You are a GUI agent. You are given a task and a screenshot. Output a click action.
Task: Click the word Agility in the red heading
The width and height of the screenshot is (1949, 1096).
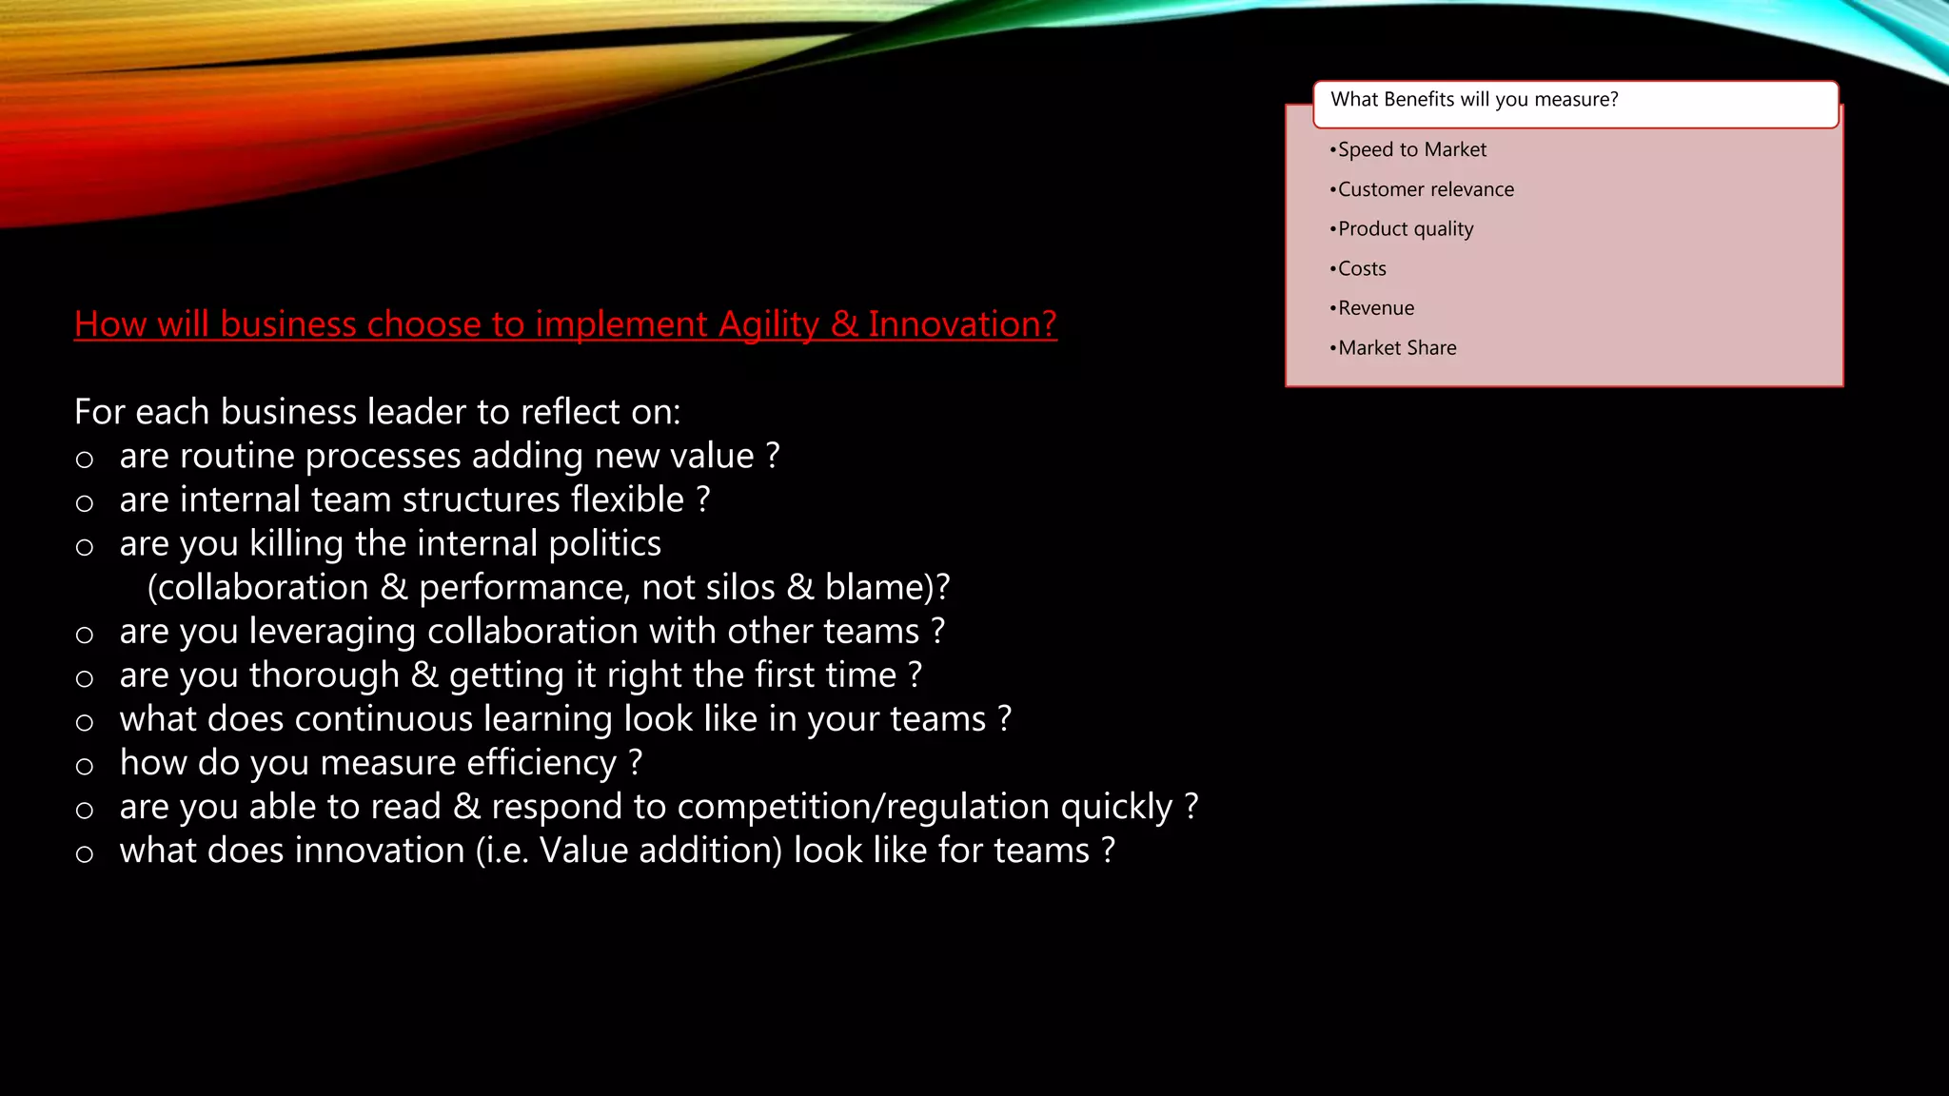click(x=768, y=324)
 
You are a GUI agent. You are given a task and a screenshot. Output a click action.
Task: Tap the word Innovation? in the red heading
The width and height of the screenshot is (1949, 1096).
click(x=962, y=324)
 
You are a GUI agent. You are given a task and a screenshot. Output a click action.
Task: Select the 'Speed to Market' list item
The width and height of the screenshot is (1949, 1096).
click(x=1411, y=149)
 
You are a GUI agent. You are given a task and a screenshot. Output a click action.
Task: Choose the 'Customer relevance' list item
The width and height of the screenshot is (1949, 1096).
click(x=1425, y=189)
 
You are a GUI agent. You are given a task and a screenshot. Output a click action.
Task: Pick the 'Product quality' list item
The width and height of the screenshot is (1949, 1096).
click(x=1405, y=229)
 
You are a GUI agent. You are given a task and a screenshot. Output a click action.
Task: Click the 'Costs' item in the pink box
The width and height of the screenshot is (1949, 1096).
click(x=1362, y=269)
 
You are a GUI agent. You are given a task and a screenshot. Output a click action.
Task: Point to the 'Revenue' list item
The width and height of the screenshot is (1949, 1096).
click(x=1375, y=308)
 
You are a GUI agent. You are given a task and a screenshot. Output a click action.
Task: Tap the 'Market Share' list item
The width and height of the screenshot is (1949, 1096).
click(x=1396, y=348)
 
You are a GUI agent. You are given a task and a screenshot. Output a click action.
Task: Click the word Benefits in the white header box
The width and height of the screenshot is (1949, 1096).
click(x=1419, y=99)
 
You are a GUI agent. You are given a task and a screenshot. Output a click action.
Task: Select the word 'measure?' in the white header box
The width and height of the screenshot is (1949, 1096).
click(x=1576, y=99)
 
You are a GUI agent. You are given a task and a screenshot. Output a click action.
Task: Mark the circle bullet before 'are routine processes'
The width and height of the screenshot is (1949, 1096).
click(x=85, y=460)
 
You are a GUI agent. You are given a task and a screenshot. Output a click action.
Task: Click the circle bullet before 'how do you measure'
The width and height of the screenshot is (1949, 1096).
click(x=85, y=767)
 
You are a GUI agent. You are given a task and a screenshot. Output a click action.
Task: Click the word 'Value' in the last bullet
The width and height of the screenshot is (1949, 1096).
click(x=583, y=851)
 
